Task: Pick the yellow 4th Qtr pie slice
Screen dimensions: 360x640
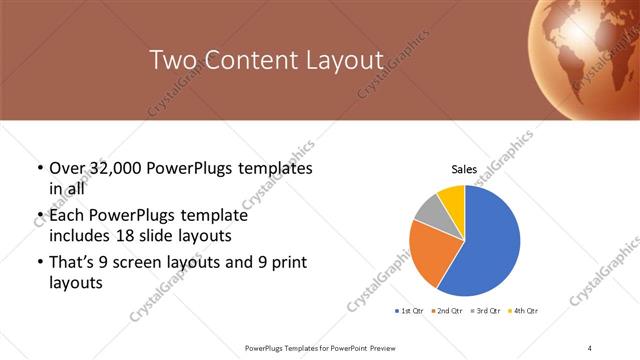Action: [452, 196]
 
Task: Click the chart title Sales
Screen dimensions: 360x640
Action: [464, 170]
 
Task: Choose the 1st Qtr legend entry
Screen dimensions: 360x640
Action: [410, 311]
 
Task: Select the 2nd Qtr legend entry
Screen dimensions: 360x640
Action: [446, 311]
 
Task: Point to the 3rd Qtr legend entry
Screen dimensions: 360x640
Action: [484, 311]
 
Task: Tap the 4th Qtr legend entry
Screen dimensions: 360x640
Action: [522, 311]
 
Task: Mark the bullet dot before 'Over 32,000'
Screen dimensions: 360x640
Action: [39, 169]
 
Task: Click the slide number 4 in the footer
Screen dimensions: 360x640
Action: [591, 347]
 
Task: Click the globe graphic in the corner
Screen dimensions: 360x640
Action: [590, 45]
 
